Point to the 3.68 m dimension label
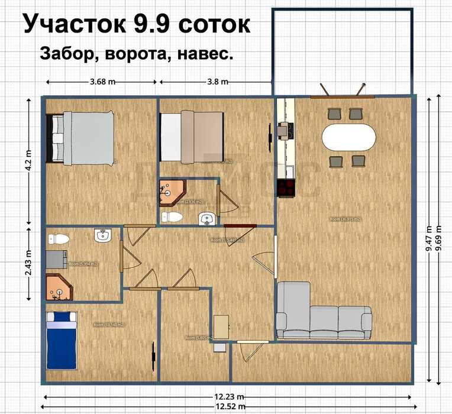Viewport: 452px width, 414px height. (x=102, y=82)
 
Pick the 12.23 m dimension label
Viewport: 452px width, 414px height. (x=228, y=397)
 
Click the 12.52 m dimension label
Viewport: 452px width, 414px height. (x=228, y=407)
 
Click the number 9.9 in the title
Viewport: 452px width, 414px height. (x=153, y=25)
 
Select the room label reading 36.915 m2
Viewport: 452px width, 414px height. (x=346, y=219)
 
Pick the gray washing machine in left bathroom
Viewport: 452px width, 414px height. (x=56, y=259)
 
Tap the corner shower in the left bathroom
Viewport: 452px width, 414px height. (x=59, y=287)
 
